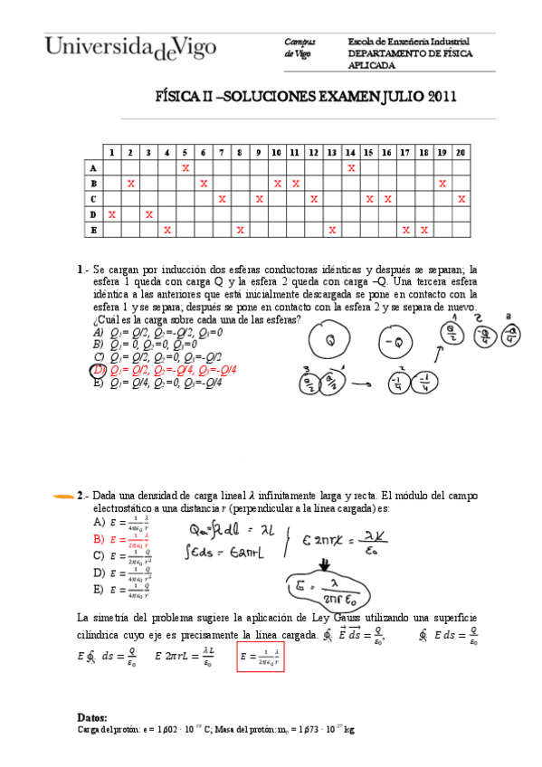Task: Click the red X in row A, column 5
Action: pyautogui.click(x=185, y=167)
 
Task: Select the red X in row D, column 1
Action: pyautogui.click(x=111, y=214)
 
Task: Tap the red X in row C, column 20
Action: pyautogui.click(x=461, y=199)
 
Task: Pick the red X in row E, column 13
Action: pyautogui.click(x=332, y=230)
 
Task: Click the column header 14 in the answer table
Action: pyautogui.click(x=350, y=152)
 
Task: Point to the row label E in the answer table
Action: pyautogui.click(x=92, y=230)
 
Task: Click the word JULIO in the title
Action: pyautogui.click(x=390, y=97)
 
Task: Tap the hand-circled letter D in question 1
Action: pyautogui.click(x=98, y=370)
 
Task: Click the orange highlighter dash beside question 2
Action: pyautogui.click(x=64, y=496)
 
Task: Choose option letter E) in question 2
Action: pyautogui.click(x=99, y=589)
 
